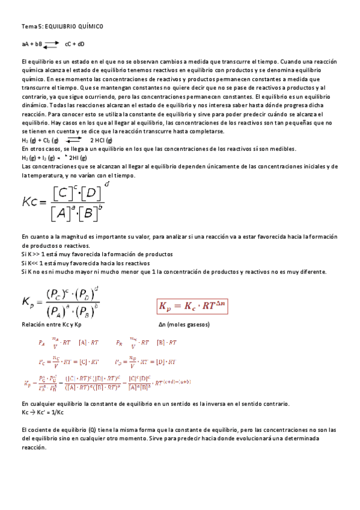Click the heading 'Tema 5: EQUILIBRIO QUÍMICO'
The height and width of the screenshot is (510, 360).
tap(63, 26)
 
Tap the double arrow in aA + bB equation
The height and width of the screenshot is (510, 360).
tap(51, 43)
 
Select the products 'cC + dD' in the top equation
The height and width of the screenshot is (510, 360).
tap(75, 44)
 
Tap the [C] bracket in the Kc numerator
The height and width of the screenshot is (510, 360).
tap(63, 193)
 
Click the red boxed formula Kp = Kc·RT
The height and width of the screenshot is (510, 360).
tap(194, 306)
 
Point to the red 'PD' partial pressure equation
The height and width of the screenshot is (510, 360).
tap(145, 362)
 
